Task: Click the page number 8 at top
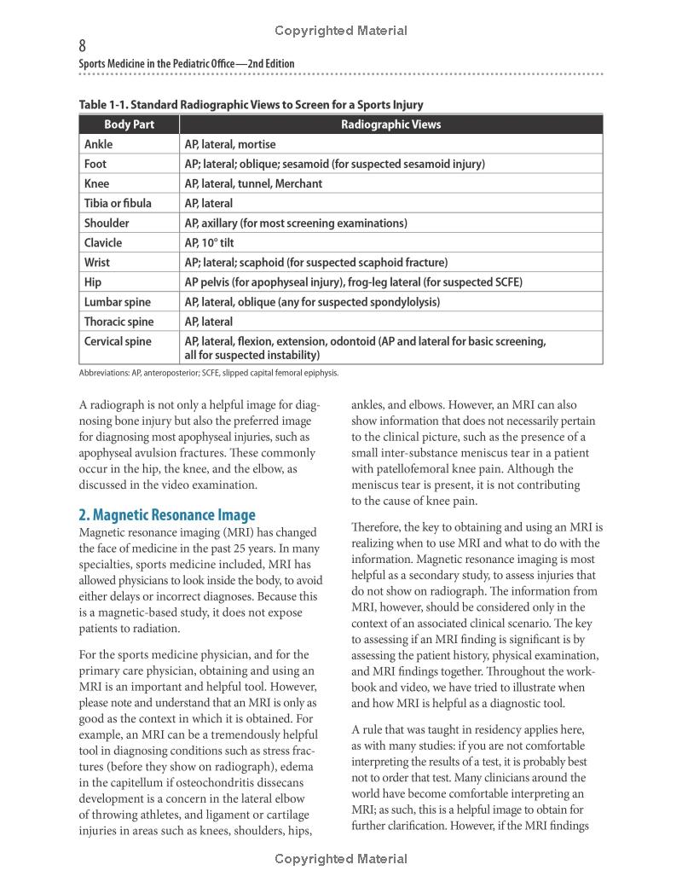[x=82, y=46]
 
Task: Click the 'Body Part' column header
[x=130, y=125]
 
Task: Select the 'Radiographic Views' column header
[x=390, y=125]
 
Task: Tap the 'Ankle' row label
[x=98, y=144]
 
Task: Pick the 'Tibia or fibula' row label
[x=118, y=203]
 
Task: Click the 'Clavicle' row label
[x=103, y=243]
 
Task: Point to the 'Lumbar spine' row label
[x=117, y=302]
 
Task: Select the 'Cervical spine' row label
[x=118, y=341]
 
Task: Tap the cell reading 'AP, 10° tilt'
[x=214, y=243]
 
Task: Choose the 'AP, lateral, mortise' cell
[x=230, y=144]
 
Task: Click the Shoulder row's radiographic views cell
[x=295, y=223]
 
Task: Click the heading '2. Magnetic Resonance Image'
[x=167, y=514]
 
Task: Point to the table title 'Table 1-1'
[x=251, y=105]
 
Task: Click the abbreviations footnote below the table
[x=209, y=373]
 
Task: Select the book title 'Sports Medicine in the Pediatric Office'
[x=187, y=64]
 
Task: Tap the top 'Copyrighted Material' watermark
[x=341, y=31]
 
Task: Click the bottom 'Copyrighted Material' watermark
[x=341, y=859]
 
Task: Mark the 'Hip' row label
[x=93, y=282]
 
